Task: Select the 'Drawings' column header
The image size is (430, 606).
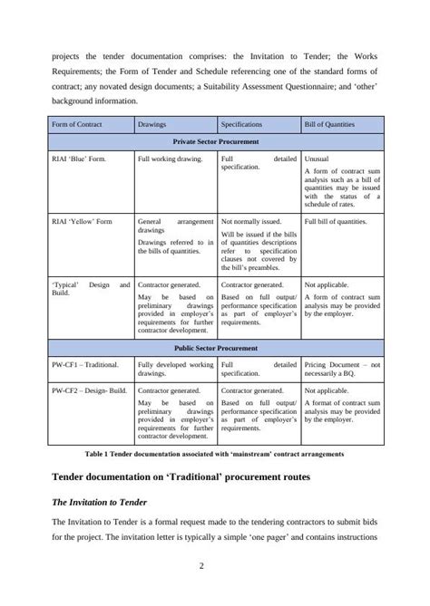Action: [151, 124]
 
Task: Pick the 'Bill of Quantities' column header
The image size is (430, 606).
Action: [329, 124]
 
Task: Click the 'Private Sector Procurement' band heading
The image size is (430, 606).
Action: [217, 142]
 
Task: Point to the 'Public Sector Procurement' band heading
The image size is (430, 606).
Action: [217, 347]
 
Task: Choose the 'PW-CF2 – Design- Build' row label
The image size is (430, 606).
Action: [90, 390]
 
